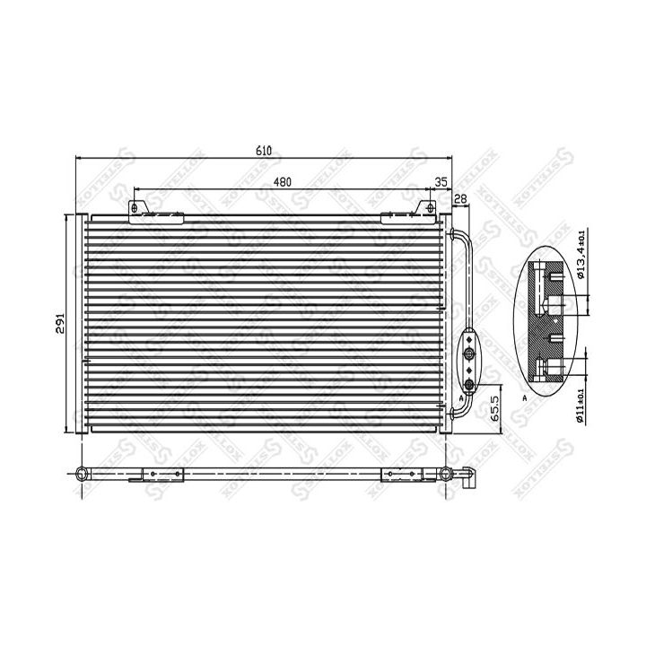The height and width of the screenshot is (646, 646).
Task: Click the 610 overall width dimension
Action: click(263, 150)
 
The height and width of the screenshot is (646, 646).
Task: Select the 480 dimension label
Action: click(282, 181)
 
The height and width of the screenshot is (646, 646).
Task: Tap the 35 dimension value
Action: click(441, 182)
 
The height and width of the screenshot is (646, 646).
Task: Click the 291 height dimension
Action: click(60, 324)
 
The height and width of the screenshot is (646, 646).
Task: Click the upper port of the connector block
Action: click(468, 341)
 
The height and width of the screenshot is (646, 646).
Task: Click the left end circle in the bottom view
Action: click(82, 474)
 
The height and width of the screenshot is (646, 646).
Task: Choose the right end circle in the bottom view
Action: click(450, 474)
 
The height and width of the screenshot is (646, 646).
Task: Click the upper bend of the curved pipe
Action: click(461, 235)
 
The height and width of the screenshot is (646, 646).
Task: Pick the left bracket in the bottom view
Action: click(148, 475)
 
